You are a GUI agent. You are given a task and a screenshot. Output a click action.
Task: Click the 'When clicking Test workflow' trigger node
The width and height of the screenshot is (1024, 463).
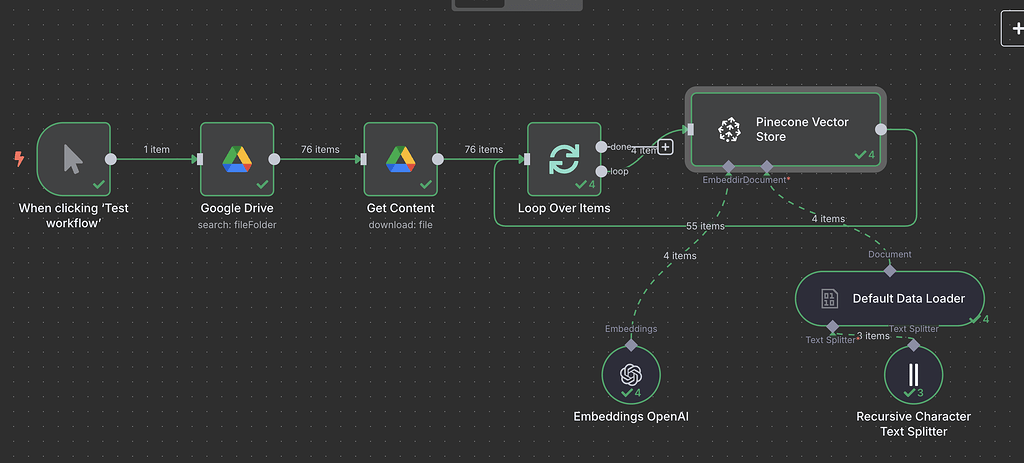pyautogui.click(x=73, y=159)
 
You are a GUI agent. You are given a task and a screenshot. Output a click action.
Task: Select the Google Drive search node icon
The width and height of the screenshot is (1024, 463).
pyautogui.click(x=237, y=159)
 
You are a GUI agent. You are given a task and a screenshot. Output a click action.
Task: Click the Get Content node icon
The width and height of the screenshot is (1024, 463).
pyautogui.click(x=400, y=159)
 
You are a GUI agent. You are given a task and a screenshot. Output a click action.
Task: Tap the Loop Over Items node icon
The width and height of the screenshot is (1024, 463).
pyautogui.click(x=564, y=159)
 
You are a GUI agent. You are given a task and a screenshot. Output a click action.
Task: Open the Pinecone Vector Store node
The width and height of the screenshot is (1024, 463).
pyautogui.click(x=785, y=129)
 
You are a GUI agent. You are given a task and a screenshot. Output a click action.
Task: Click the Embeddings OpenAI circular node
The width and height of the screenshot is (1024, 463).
pyautogui.click(x=631, y=376)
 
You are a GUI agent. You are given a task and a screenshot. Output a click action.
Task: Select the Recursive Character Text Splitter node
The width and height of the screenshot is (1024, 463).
pyautogui.click(x=913, y=376)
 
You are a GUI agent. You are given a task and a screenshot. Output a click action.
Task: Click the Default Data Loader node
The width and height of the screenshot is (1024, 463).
pyautogui.click(x=889, y=298)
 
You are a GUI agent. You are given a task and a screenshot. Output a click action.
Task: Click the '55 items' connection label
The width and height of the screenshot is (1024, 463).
pyautogui.click(x=705, y=226)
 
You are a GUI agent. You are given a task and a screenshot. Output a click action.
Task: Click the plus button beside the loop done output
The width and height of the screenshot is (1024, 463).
pyautogui.click(x=665, y=148)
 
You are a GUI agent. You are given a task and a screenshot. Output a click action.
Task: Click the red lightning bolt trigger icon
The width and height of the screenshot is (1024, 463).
pyautogui.click(x=19, y=159)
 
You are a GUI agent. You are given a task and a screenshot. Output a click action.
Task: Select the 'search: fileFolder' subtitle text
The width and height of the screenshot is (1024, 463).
pyautogui.click(x=237, y=224)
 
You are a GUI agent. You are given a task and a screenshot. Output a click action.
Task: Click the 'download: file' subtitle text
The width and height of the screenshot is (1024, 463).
pyautogui.click(x=400, y=224)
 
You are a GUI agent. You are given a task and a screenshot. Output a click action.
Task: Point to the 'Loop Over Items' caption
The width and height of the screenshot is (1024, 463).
pyautogui.click(x=564, y=208)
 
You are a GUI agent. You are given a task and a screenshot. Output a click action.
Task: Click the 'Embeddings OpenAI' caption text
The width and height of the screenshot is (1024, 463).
pyautogui.click(x=631, y=416)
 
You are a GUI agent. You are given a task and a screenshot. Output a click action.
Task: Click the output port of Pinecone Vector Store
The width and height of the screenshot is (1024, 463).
pyautogui.click(x=880, y=129)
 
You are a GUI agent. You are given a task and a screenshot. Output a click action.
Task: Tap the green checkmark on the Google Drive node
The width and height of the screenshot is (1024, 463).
pyautogui.click(x=262, y=185)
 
